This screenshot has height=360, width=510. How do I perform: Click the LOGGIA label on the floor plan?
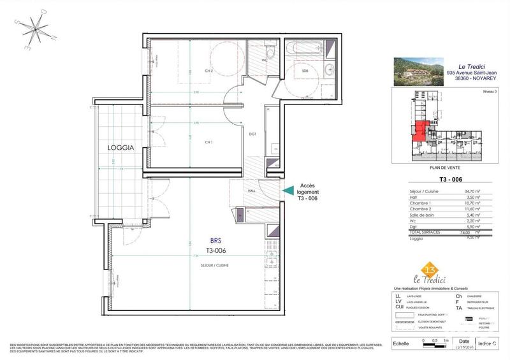pos(120,147)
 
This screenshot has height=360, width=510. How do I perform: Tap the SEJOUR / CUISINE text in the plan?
pos(215,264)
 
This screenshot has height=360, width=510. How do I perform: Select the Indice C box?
pos(488,344)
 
